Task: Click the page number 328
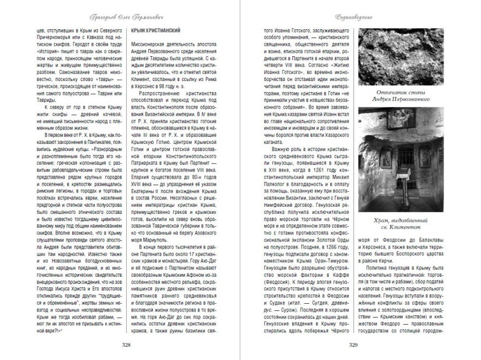125,345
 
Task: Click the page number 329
354,345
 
